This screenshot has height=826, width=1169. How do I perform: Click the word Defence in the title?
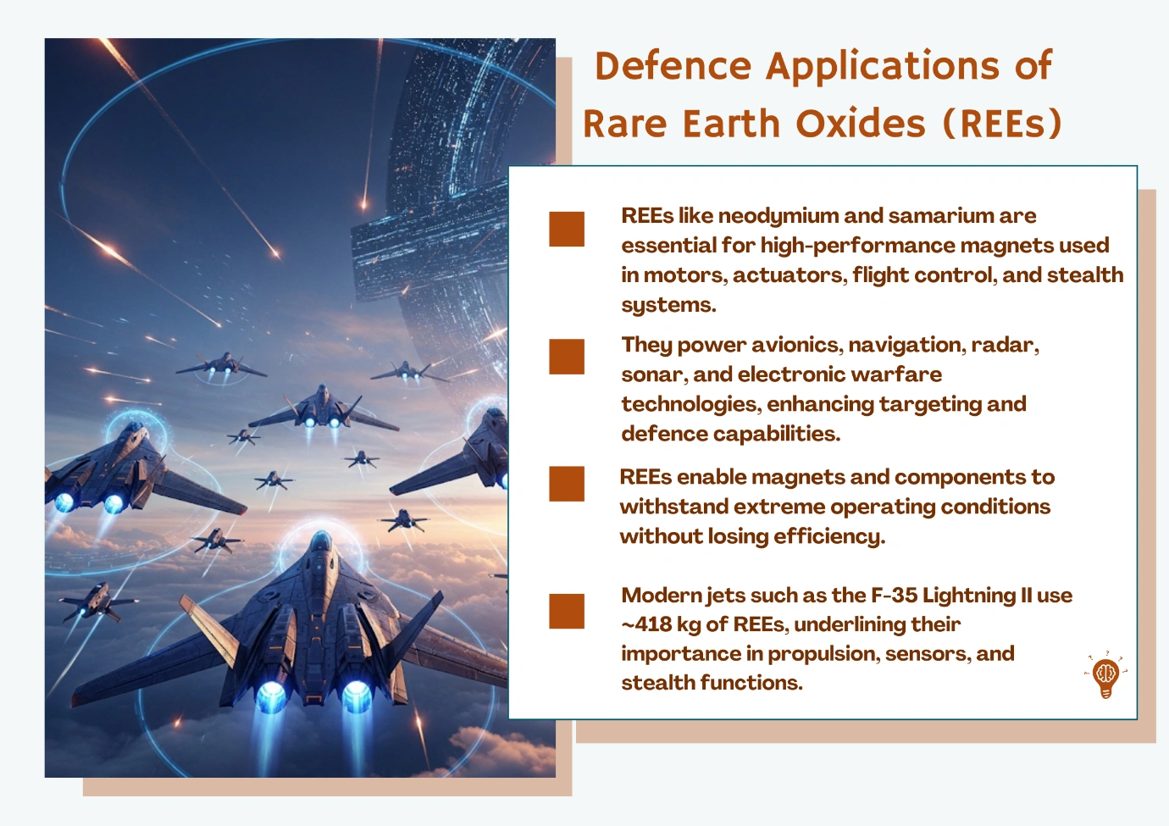673,66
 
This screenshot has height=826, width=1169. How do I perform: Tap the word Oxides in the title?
861,124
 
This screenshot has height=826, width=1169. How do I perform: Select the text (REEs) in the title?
1002,124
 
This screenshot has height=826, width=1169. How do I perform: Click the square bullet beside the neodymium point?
566,229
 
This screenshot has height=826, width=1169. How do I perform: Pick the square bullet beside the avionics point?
566,357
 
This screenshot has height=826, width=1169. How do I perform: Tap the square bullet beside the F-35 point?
566,611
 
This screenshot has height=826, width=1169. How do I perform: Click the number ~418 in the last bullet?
645,624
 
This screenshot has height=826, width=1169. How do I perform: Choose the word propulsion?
823,654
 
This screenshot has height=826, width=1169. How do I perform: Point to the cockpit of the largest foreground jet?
319,544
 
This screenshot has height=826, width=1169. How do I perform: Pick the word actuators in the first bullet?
790,275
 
